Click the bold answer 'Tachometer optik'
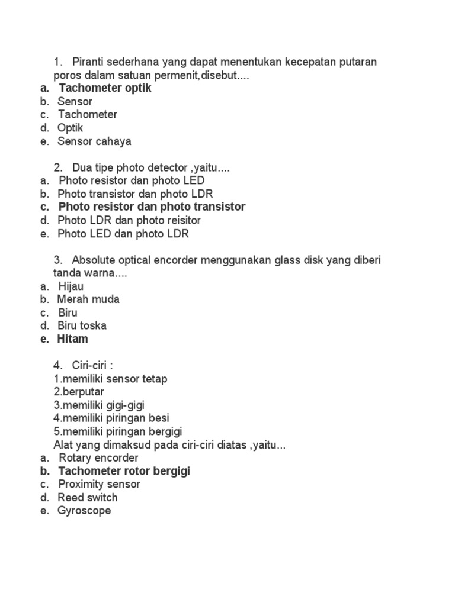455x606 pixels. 105,88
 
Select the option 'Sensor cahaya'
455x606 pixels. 94,141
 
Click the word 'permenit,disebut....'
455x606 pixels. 204,75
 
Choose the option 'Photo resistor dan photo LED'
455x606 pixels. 132,180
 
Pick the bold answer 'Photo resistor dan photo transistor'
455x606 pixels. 152,207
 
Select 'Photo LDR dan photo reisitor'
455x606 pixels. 129,220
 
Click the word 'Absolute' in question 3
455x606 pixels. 94,260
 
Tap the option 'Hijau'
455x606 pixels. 71,286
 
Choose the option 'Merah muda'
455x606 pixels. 88,299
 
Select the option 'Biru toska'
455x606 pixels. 82,325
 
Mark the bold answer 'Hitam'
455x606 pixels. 73,339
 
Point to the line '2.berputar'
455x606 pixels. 79,392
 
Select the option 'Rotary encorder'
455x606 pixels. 98,458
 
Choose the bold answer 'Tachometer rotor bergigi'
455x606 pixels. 124,472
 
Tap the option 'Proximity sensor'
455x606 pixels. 99,484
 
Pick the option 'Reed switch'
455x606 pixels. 88,498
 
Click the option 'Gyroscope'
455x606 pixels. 84,511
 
